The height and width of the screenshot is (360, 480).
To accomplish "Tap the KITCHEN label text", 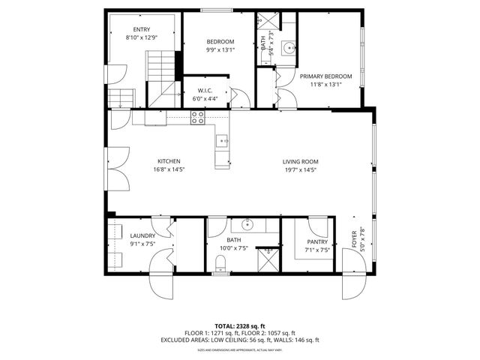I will click(168, 161).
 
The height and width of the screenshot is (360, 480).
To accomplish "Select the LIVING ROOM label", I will click(300, 161).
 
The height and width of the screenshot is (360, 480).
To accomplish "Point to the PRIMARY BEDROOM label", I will click(325, 76).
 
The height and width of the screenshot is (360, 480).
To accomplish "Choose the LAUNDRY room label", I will click(142, 235).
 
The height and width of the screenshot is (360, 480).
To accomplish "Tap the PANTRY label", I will click(318, 241).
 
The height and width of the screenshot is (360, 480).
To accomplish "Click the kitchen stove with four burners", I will click(198, 117).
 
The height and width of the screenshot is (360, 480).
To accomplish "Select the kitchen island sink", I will click(223, 140).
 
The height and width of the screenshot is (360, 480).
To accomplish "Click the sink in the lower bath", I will click(250, 224).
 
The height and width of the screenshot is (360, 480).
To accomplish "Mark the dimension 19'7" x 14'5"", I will click(300, 169).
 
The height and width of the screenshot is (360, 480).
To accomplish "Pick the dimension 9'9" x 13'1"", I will click(220, 50).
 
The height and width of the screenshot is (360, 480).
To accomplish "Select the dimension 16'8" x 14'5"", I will click(168, 169).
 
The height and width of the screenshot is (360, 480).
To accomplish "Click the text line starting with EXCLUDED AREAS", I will click(240, 340).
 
